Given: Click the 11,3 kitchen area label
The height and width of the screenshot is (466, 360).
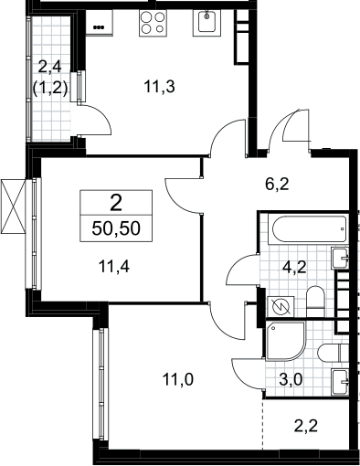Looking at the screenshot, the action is point(159,87).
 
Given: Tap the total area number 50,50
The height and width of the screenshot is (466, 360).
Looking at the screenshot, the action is point(116,228).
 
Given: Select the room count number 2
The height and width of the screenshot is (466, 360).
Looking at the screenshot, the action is point(116,204).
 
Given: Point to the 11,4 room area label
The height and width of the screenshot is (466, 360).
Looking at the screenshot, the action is point(114,267).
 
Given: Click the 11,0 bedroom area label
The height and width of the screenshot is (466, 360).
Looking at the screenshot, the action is point(178,380).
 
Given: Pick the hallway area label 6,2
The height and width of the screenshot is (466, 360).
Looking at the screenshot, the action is point(277,185).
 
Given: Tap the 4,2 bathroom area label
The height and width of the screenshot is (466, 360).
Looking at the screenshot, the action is point(294,268).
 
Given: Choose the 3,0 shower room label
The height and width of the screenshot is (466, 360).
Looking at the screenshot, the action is point(291,380).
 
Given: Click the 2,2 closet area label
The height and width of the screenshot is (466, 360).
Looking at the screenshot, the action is point(306,426).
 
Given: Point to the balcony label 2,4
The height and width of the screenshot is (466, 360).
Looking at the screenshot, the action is point(49,67).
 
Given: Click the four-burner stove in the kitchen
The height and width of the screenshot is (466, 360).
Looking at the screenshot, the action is point(154,23).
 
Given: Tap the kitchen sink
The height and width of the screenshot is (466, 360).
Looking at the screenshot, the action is point(206,23).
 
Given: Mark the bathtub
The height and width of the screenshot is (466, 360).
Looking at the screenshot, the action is point(308,229).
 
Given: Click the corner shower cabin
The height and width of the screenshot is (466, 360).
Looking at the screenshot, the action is point(285,341).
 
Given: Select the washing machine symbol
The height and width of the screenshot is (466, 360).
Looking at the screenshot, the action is point(281,307).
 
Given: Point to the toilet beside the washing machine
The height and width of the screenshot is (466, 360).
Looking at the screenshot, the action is point(316,302).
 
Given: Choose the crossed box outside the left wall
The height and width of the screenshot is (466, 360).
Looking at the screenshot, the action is point(13,207).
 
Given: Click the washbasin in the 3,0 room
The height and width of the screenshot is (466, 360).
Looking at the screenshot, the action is point(340,382).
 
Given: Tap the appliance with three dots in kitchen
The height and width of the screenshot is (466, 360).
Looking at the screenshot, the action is point(99,23).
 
